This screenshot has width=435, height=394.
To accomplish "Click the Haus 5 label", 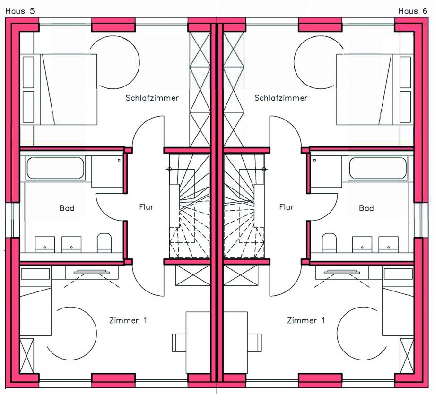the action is click(x=20, y=11).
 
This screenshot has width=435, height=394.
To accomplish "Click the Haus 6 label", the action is click(x=412, y=11).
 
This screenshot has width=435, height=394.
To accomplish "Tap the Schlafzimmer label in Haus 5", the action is click(x=152, y=98).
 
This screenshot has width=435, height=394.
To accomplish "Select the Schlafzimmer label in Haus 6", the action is click(x=281, y=98).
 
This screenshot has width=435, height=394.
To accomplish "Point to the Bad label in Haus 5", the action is click(x=67, y=208).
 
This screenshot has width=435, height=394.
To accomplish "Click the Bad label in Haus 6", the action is click(x=366, y=208).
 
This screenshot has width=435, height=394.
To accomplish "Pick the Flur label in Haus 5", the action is click(x=146, y=207).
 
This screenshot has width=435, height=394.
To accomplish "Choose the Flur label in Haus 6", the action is click(x=287, y=207).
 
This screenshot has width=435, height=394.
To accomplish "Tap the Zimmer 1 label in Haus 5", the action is click(x=128, y=320).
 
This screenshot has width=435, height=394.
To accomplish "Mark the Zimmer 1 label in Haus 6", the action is click(x=306, y=320).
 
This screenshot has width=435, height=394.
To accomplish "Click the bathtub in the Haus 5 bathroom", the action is click(x=55, y=168).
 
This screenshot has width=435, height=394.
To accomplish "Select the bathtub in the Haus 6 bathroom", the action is click(x=378, y=168).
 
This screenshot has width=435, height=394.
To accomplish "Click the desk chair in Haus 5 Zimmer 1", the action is click(x=179, y=343).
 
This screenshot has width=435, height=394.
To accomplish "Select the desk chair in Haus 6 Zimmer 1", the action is click(x=254, y=343).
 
